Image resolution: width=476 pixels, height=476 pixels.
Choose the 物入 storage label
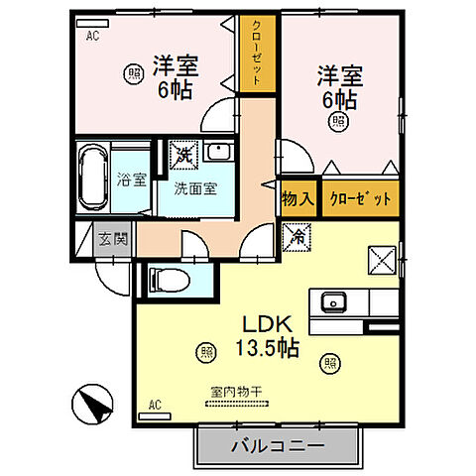(297, 197)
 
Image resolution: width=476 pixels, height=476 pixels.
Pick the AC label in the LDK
(154, 404)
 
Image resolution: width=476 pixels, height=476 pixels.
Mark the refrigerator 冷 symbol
(297, 235)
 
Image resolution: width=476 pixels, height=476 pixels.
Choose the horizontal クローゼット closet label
(350, 197)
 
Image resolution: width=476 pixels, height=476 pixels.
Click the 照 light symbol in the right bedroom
(340, 122)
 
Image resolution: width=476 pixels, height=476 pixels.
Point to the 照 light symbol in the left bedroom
(132, 71)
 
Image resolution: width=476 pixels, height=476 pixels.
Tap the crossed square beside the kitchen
(382, 260)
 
